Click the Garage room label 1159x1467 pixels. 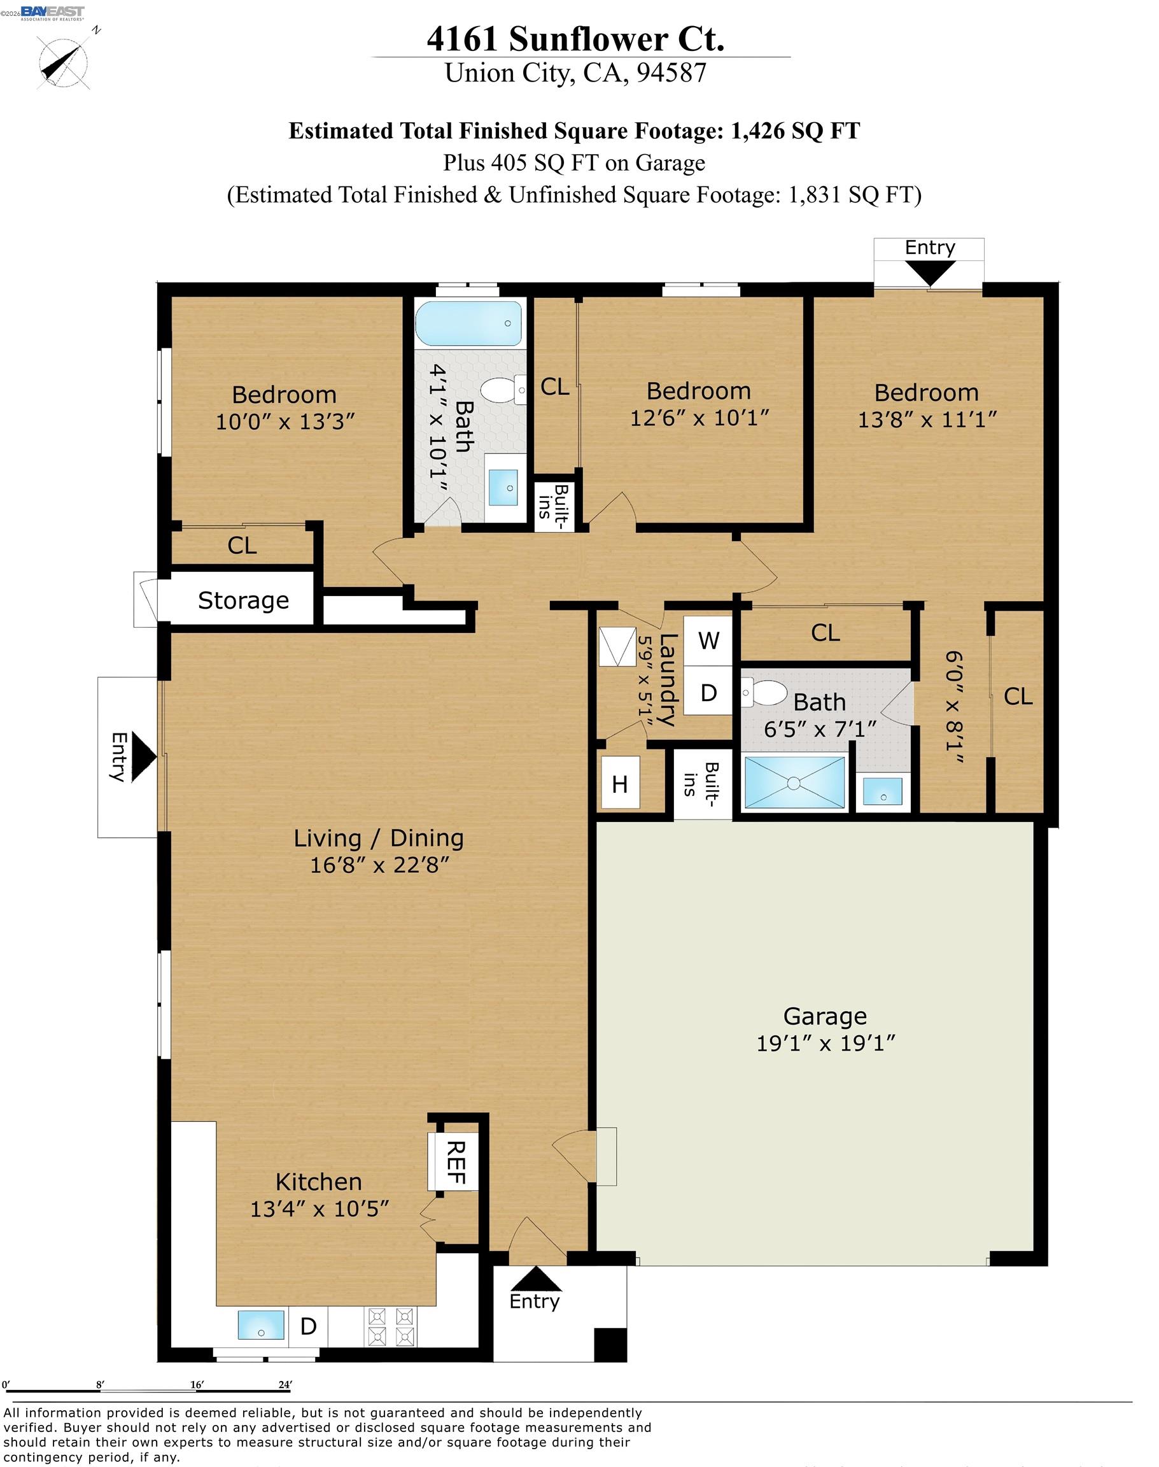pyautogui.click(x=825, y=1016)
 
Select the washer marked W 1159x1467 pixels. pyautogui.click(x=708, y=640)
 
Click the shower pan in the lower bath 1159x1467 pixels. pyautogui.click(x=794, y=783)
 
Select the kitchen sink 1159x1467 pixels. pyautogui.click(x=261, y=1326)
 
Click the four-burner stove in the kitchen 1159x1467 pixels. pyautogui.click(x=390, y=1326)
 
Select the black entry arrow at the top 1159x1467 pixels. pyautogui.click(x=930, y=273)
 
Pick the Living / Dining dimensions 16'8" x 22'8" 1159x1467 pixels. pyautogui.click(x=379, y=864)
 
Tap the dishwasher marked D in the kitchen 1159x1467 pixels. pyautogui.click(x=309, y=1326)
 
